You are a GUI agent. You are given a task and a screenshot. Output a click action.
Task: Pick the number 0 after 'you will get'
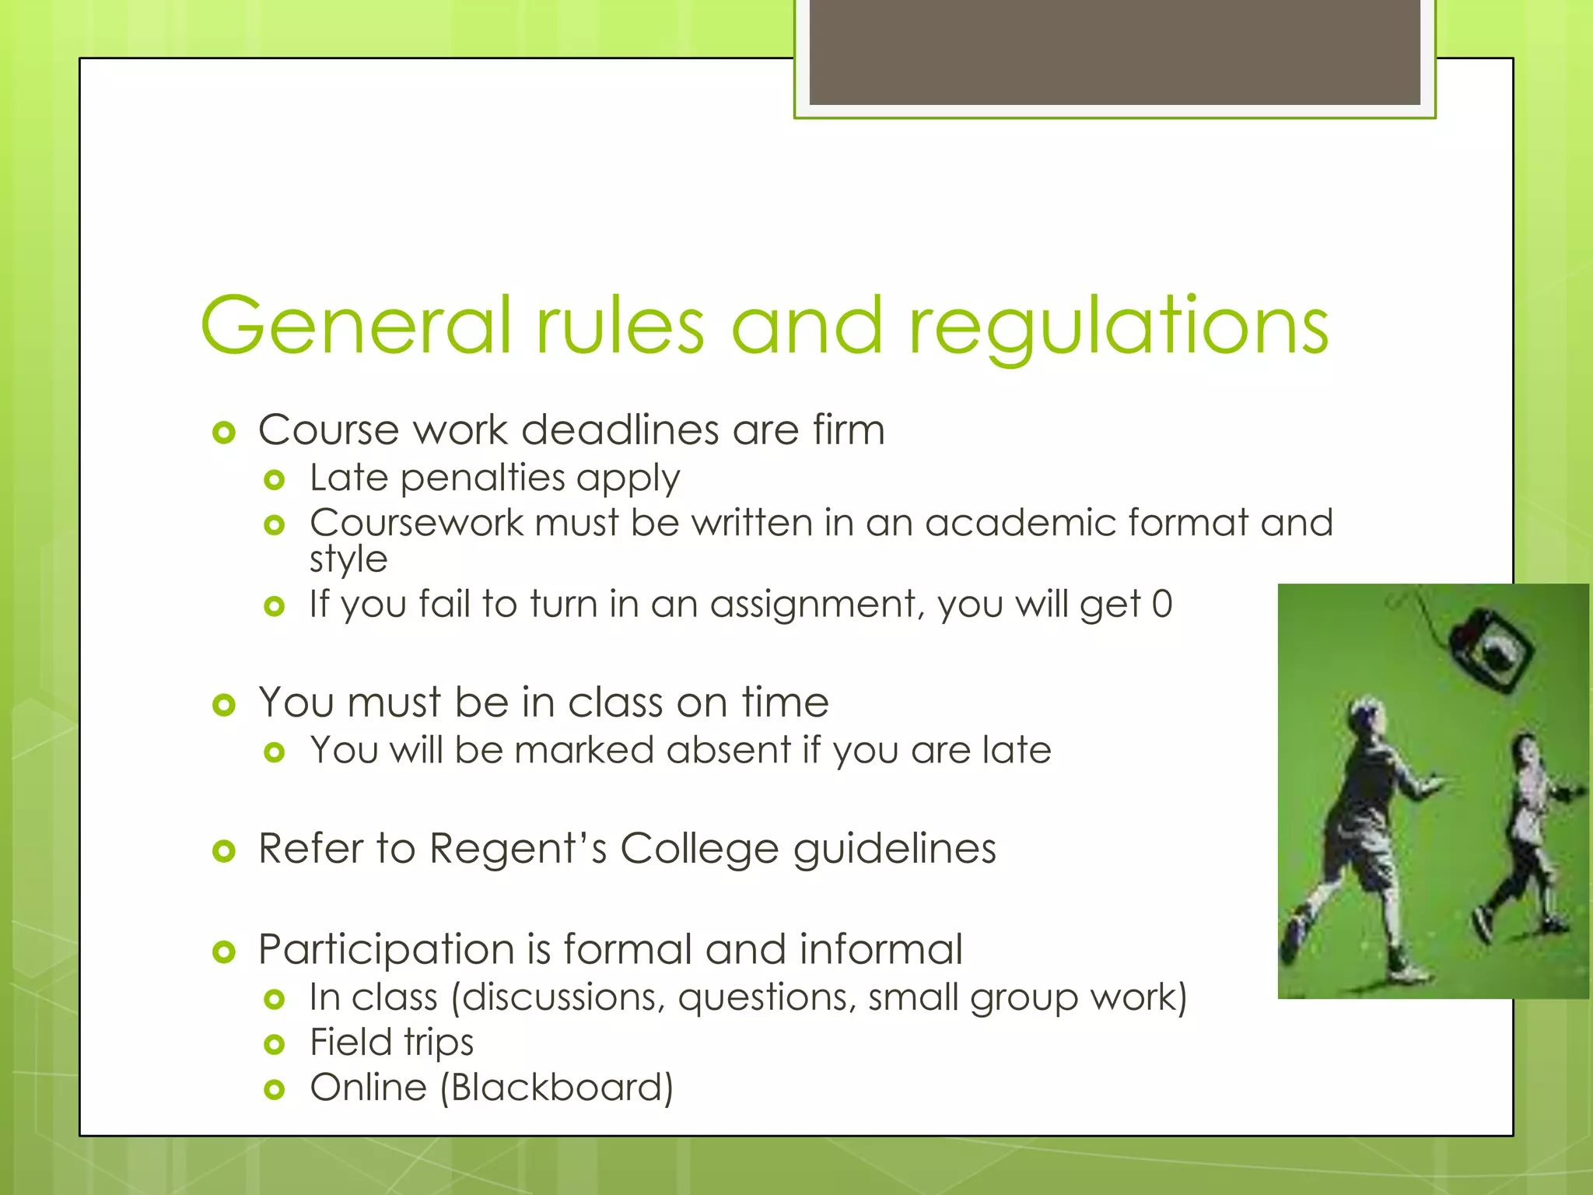(1162, 605)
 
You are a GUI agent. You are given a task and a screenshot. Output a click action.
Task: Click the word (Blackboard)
(556, 1088)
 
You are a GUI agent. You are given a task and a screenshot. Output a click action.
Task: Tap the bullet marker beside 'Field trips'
(274, 1044)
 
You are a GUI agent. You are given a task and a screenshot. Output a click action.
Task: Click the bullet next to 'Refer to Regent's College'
(224, 851)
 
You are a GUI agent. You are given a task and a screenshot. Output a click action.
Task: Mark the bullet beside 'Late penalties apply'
(274, 480)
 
